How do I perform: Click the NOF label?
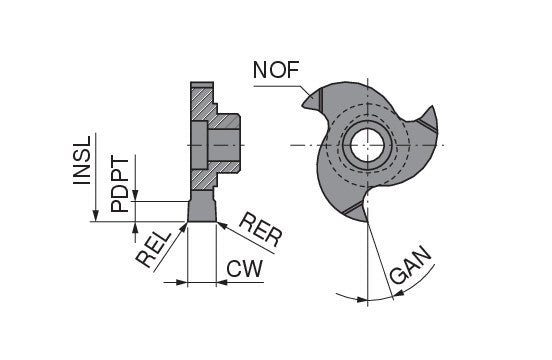(276, 70)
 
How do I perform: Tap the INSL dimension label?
(82, 160)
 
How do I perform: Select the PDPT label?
(120, 184)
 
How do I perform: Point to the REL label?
(153, 250)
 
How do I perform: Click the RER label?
(261, 229)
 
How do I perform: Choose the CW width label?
(244, 269)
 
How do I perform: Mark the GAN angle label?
(410, 264)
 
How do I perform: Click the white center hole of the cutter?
(367, 145)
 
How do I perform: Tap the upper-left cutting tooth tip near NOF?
(303, 105)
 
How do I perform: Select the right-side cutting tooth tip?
(432, 107)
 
